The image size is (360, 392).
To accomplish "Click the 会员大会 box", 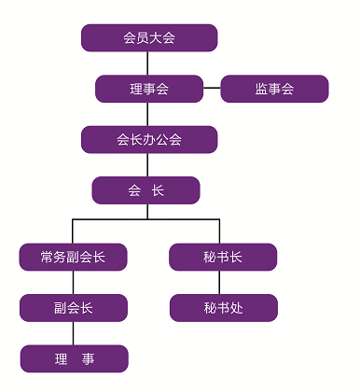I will click(x=149, y=38).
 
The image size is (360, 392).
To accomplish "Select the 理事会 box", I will click(x=149, y=90).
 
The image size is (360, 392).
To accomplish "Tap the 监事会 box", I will click(x=274, y=90).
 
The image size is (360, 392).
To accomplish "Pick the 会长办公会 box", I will click(x=149, y=140).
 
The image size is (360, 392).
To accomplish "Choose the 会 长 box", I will click(x=145, y=190).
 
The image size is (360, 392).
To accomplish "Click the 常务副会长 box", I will click(x=73, y=257).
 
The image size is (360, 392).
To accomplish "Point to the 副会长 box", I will click(x=73, y=307).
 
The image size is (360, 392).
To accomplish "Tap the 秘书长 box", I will click(x=223, y=257).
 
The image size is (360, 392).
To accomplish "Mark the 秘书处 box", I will click(x=223, y=307).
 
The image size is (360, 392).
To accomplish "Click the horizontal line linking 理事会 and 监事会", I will click(x=212, y=90).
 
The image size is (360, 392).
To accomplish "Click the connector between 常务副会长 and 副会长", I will click(x=73, y=282).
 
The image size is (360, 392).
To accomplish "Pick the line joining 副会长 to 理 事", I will click(x=73, y=333).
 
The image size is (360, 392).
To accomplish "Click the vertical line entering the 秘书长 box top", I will click(x=219, y=231).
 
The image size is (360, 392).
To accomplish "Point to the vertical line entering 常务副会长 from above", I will click(x=73, y=231).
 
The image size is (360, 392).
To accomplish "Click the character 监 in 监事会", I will click(x=261, y=90).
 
